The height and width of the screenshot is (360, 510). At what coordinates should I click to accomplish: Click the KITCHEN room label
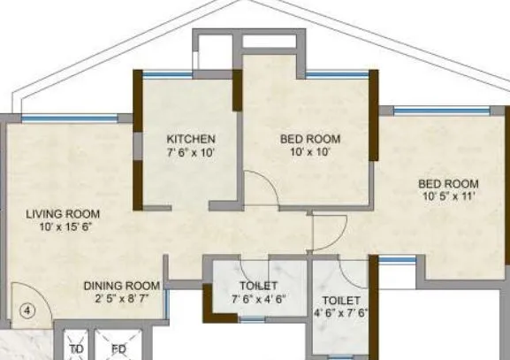191,139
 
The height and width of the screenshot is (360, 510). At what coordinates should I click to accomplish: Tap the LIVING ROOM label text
63,214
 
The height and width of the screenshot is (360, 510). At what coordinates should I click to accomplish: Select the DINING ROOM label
122,286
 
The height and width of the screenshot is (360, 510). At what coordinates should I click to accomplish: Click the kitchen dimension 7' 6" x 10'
191,152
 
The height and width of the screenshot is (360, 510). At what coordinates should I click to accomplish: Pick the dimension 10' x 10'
310,152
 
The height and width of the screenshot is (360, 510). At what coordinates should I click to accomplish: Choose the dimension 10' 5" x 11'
448,196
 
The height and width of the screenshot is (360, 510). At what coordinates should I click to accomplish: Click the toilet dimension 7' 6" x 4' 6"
258,299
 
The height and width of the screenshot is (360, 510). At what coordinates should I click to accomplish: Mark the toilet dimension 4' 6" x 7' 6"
340,313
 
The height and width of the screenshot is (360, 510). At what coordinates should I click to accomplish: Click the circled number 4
27,310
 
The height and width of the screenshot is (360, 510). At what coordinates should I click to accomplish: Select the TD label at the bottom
76,349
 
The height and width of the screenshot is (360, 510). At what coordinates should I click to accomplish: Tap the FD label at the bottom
118,349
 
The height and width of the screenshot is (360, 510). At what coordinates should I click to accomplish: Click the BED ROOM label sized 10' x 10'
310,139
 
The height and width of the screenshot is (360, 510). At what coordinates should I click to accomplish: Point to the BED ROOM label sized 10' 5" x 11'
448,183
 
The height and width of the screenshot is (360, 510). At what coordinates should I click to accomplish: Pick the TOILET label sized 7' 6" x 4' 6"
258,286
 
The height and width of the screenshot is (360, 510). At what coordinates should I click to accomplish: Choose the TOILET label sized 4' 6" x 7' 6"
340,300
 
